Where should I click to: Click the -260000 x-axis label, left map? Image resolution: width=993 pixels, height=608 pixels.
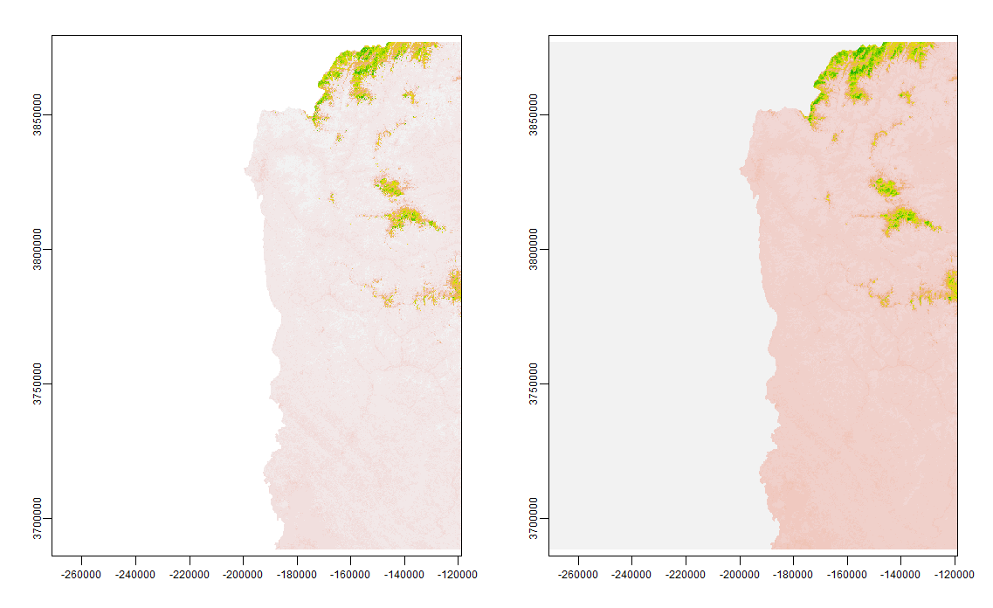(81, 574)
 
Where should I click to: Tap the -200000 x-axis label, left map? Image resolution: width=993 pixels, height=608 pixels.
(243, 574)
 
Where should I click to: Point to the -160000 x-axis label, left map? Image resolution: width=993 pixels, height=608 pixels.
(350, 574)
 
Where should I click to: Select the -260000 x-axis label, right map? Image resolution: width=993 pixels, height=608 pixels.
(578, 574)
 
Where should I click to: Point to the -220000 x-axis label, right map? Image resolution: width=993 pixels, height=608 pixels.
(686, 574)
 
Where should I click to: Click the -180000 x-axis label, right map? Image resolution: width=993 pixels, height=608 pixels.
(793, 574)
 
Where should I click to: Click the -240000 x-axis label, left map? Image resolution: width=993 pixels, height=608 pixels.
(135, 574)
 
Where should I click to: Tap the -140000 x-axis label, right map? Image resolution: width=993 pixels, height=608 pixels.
(901, 574)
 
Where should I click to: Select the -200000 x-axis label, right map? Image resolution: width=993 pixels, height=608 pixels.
(740, 574)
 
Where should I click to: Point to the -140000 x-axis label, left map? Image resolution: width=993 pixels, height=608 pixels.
(404, 574)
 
